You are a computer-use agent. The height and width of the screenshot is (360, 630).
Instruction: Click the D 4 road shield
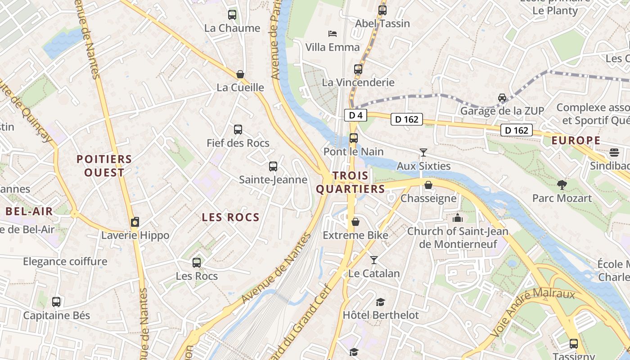pyautogui.click(x=355, y=115)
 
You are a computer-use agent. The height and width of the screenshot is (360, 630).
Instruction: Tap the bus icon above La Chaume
pyautogui.click(x=232, y=14)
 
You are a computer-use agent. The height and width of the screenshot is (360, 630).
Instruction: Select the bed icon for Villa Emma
pyautogui.click(x=333, y=33)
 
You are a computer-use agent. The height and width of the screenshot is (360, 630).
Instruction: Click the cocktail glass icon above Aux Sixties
pyautogui.click(x=423, y=152)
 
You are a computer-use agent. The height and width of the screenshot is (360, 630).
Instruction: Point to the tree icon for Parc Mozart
pyautogui.click(x=562, y=184)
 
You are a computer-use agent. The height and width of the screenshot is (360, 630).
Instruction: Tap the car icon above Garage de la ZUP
pyautogui.click(x=502, y=97)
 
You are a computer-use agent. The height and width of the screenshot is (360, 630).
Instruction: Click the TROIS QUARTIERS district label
pyautogui.click(x=351, y=182)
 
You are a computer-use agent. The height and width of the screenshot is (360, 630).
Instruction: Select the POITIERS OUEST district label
pyautogui.click(x=104, y=166)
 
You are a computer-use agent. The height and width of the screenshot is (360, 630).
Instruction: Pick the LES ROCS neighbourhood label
pyautogui.click(x=230, y=217)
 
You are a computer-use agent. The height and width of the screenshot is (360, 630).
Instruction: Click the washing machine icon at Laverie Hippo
pyautogui.click(x=135, y=222)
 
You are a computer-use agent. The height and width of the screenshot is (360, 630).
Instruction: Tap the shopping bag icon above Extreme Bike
pyautogui.click(x=355, y=221)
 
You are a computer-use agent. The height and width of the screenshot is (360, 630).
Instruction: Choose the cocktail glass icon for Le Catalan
pyautogui.click(x=373, y=260)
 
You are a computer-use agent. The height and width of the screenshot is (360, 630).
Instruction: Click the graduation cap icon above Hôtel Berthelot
pyautogui.click(x=381, y=301)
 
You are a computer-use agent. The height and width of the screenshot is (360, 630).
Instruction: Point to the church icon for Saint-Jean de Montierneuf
pyautogui.click(x=458, y=218)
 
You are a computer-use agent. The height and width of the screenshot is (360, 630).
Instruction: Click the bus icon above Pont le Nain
pyautogui.click(x=354, y=138)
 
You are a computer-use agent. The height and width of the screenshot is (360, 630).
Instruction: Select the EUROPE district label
pyautogui.click(x=576, y=140)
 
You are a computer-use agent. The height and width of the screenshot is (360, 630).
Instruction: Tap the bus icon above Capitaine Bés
pyautogui.click(x=56, y=301)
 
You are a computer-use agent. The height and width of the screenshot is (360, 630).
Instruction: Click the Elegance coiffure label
pyautogui.click(x=65, y=261)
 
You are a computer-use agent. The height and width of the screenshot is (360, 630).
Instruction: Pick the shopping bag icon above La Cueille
pyautogui.click(x=240, y=74)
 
